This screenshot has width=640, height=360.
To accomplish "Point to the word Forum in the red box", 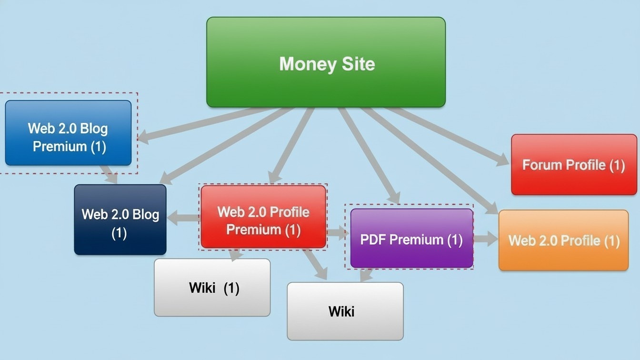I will coord(542,165).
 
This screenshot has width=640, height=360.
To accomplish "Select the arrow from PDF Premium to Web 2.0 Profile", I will coord(485,239).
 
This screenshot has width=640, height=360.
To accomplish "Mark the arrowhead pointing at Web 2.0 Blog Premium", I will coord(143,138).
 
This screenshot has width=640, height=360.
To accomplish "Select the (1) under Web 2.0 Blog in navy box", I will coord(119,233).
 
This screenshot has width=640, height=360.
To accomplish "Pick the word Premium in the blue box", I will coord(60,146).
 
